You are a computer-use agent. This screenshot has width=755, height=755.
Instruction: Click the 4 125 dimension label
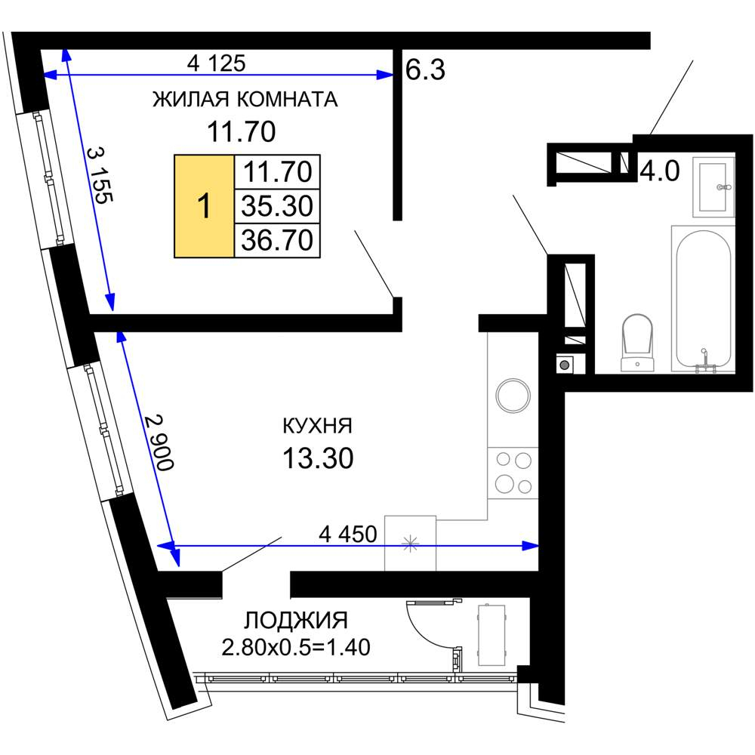click(x=216, y=63)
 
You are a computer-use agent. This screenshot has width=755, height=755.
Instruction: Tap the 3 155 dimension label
click(x=100, y=175)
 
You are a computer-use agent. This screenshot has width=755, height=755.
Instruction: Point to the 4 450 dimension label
click(x=347, y=534)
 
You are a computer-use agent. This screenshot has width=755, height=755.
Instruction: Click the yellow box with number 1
click(x=204, y=206)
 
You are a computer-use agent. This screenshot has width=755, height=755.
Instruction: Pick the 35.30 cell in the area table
click(x=277, y=206)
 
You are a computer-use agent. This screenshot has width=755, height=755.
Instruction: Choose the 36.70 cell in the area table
click(x=277, y=240)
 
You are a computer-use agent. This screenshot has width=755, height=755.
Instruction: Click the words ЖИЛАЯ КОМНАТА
click(x=245, y=99)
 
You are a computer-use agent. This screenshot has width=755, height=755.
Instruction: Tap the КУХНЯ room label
click(x=317, y=426)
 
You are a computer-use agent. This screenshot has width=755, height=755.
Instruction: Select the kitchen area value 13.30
click(x=318, y=458)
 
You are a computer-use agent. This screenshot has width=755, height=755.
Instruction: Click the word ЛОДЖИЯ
click(x=296, y=621)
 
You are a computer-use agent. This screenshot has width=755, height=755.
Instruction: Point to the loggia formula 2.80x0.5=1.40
click(x=296, y=648)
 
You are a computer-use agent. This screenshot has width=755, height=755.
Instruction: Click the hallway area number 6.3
click(x=425, y=69)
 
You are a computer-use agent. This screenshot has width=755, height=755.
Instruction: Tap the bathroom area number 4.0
click(x=660, y=171)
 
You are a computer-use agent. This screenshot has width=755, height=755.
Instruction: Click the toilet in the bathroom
click(x=637, y=342)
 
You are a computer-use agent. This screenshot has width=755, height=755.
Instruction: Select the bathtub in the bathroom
click(x=704, y=299)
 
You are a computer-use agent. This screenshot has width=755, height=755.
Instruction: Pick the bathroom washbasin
click(x=713, y=186)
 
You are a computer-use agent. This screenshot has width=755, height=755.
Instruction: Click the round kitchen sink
click(x=513, y=396)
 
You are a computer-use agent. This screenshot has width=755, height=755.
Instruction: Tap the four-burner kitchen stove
click(x=513, y=473)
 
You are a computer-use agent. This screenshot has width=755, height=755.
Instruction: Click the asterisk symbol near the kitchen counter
click(x=410, y=544)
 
